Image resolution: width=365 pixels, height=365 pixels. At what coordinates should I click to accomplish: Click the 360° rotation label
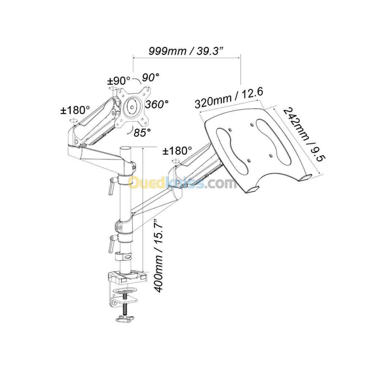[157, 104]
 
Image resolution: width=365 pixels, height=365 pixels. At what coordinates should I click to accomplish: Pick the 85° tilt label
[142, 132]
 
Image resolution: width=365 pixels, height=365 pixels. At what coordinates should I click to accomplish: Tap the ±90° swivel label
[118, 80]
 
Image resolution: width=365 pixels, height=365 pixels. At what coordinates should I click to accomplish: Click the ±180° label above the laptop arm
[177, 150]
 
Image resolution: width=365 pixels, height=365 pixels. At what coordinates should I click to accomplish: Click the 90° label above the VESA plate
[150, 77]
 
